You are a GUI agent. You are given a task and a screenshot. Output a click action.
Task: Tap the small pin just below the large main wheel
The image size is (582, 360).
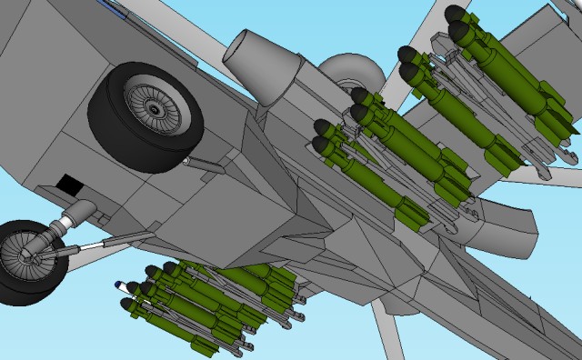point(186,161)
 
